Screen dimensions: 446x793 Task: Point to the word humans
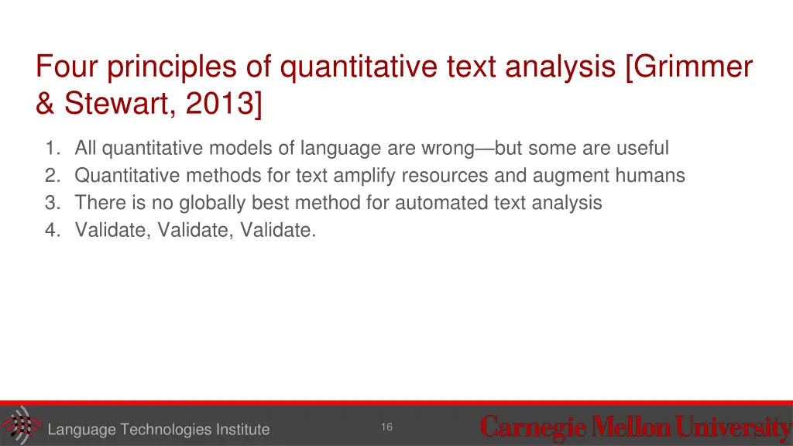[x=651, y=176]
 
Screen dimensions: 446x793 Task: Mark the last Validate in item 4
[x=278, y=231]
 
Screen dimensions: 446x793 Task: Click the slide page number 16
[x=386, y=427]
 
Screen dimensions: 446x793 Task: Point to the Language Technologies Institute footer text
[x=158, y=430]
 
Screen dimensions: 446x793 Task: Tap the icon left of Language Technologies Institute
[x=20, y=425]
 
